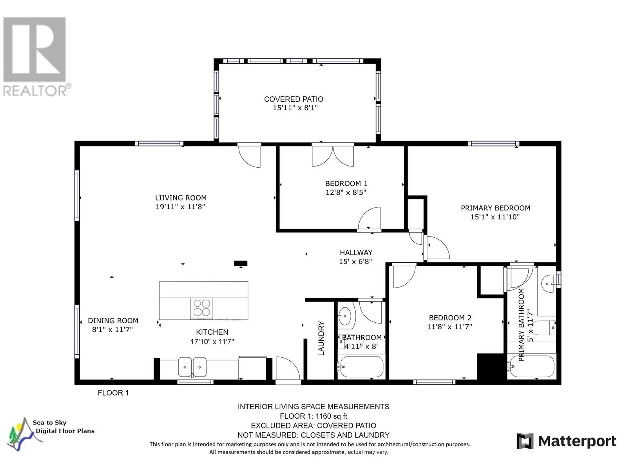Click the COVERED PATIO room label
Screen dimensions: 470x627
pyautogui.click(x=294, y=99)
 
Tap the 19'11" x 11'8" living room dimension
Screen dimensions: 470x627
pyautogui.click(x=180, y=207)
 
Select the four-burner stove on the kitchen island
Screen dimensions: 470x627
pyautogui.click(x=202, y=308)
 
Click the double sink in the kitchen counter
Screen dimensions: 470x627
pyautogui.click(x=192, y=367)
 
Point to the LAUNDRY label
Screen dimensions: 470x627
pyautogui.click(x=321, y=338)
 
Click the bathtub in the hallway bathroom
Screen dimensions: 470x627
pyautogui.click(x=361, y=367)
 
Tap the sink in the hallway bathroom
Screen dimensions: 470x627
pyautogui.click(x=345, y=315)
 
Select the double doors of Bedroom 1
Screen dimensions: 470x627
pyautogui.click(x=333, y=156)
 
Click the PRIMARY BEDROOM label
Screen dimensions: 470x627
pyautogui.click(x=495, y=208)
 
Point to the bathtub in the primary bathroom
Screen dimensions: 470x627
pyautogui.click(x=531, y=366)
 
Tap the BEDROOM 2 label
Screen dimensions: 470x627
pyautogui.click(x=450, y=318)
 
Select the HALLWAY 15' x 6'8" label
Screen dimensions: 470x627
pyautogui.click(x=356, y=257)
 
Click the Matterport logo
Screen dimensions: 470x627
pyautogui.click(x=566, y=441)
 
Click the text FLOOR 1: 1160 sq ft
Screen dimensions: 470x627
pyautogui.click(x=313, y=416)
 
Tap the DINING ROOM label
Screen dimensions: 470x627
pyautogui.click(x=113, y=321)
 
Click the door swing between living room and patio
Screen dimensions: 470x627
pyautogui.click(x=250, y=156)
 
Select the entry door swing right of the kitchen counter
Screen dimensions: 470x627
pyautogui.click(x=288, y=368)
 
